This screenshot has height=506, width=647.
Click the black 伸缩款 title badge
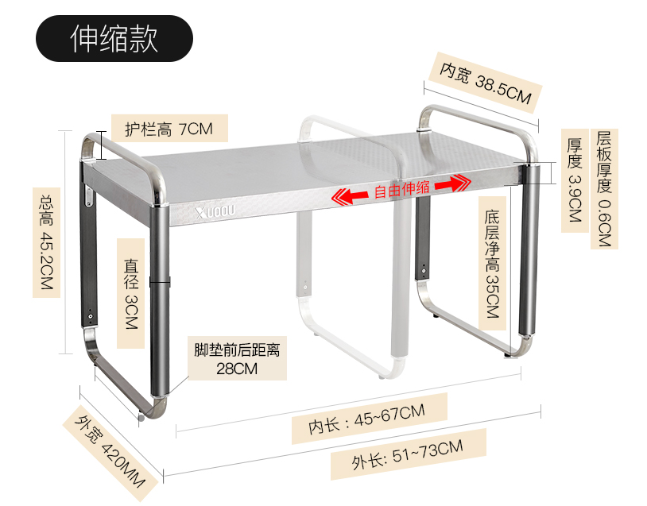click(114, 38)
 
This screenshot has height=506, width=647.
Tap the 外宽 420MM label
click(108, 450)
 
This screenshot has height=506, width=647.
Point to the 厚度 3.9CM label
click(575, 181)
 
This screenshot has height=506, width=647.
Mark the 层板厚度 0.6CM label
click(603, 189)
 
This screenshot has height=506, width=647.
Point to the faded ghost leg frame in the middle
click(350, 302)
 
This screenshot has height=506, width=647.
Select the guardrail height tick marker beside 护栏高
click(101, 145)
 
